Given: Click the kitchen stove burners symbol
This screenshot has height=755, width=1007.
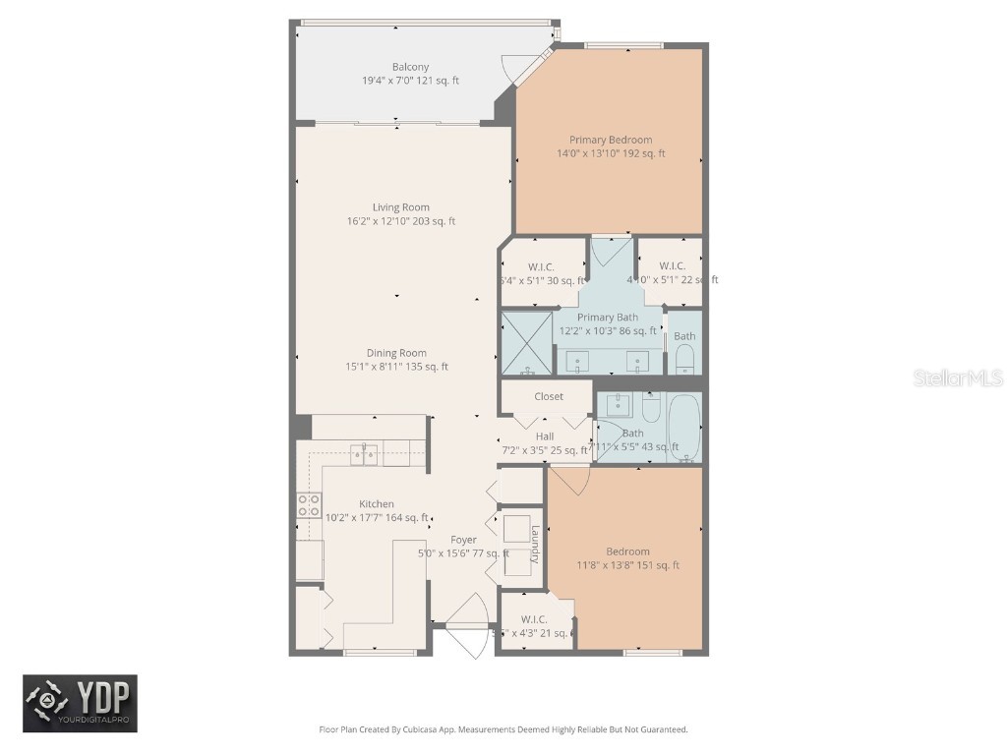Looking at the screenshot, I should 308,505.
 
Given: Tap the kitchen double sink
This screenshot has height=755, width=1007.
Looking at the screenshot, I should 365,453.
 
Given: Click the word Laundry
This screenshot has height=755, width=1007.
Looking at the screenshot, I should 535,544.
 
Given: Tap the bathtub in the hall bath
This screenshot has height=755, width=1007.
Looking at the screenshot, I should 682,428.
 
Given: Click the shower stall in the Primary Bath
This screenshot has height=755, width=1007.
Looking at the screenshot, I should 527,343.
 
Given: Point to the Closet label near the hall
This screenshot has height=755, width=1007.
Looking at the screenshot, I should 549,396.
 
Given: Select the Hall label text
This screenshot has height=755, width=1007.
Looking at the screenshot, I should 545,436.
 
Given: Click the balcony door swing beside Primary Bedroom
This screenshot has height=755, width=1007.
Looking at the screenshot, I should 514,68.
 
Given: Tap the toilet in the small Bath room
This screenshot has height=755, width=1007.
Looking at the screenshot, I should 685,360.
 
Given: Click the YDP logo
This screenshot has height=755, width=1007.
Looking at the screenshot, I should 80,704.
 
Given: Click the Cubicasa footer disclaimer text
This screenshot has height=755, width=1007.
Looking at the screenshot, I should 503,729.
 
